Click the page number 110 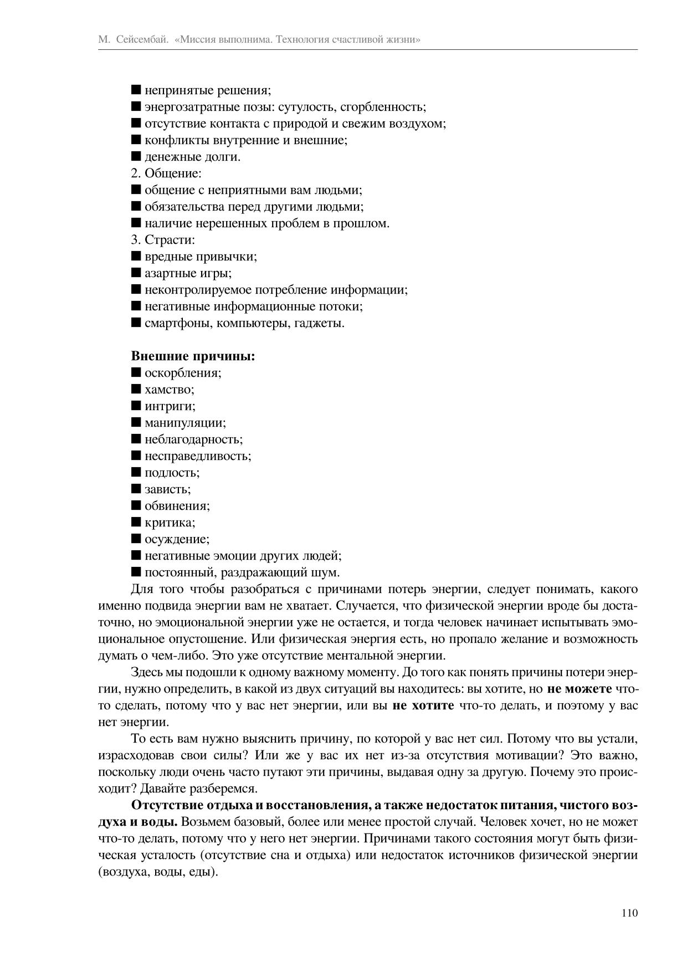[629, 913]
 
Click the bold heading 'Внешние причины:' [193, 356]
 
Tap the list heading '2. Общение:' [166, 173]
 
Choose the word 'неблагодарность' [193, 439]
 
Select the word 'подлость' [171, 473]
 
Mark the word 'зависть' [167, 489]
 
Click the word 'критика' [169, 523]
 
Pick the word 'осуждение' [176, 539]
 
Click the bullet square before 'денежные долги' [136, 156]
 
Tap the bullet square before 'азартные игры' [136, 273]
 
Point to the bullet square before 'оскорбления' [136, 372]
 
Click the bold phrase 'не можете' [580, 689]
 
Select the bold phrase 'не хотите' [423, 705]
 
